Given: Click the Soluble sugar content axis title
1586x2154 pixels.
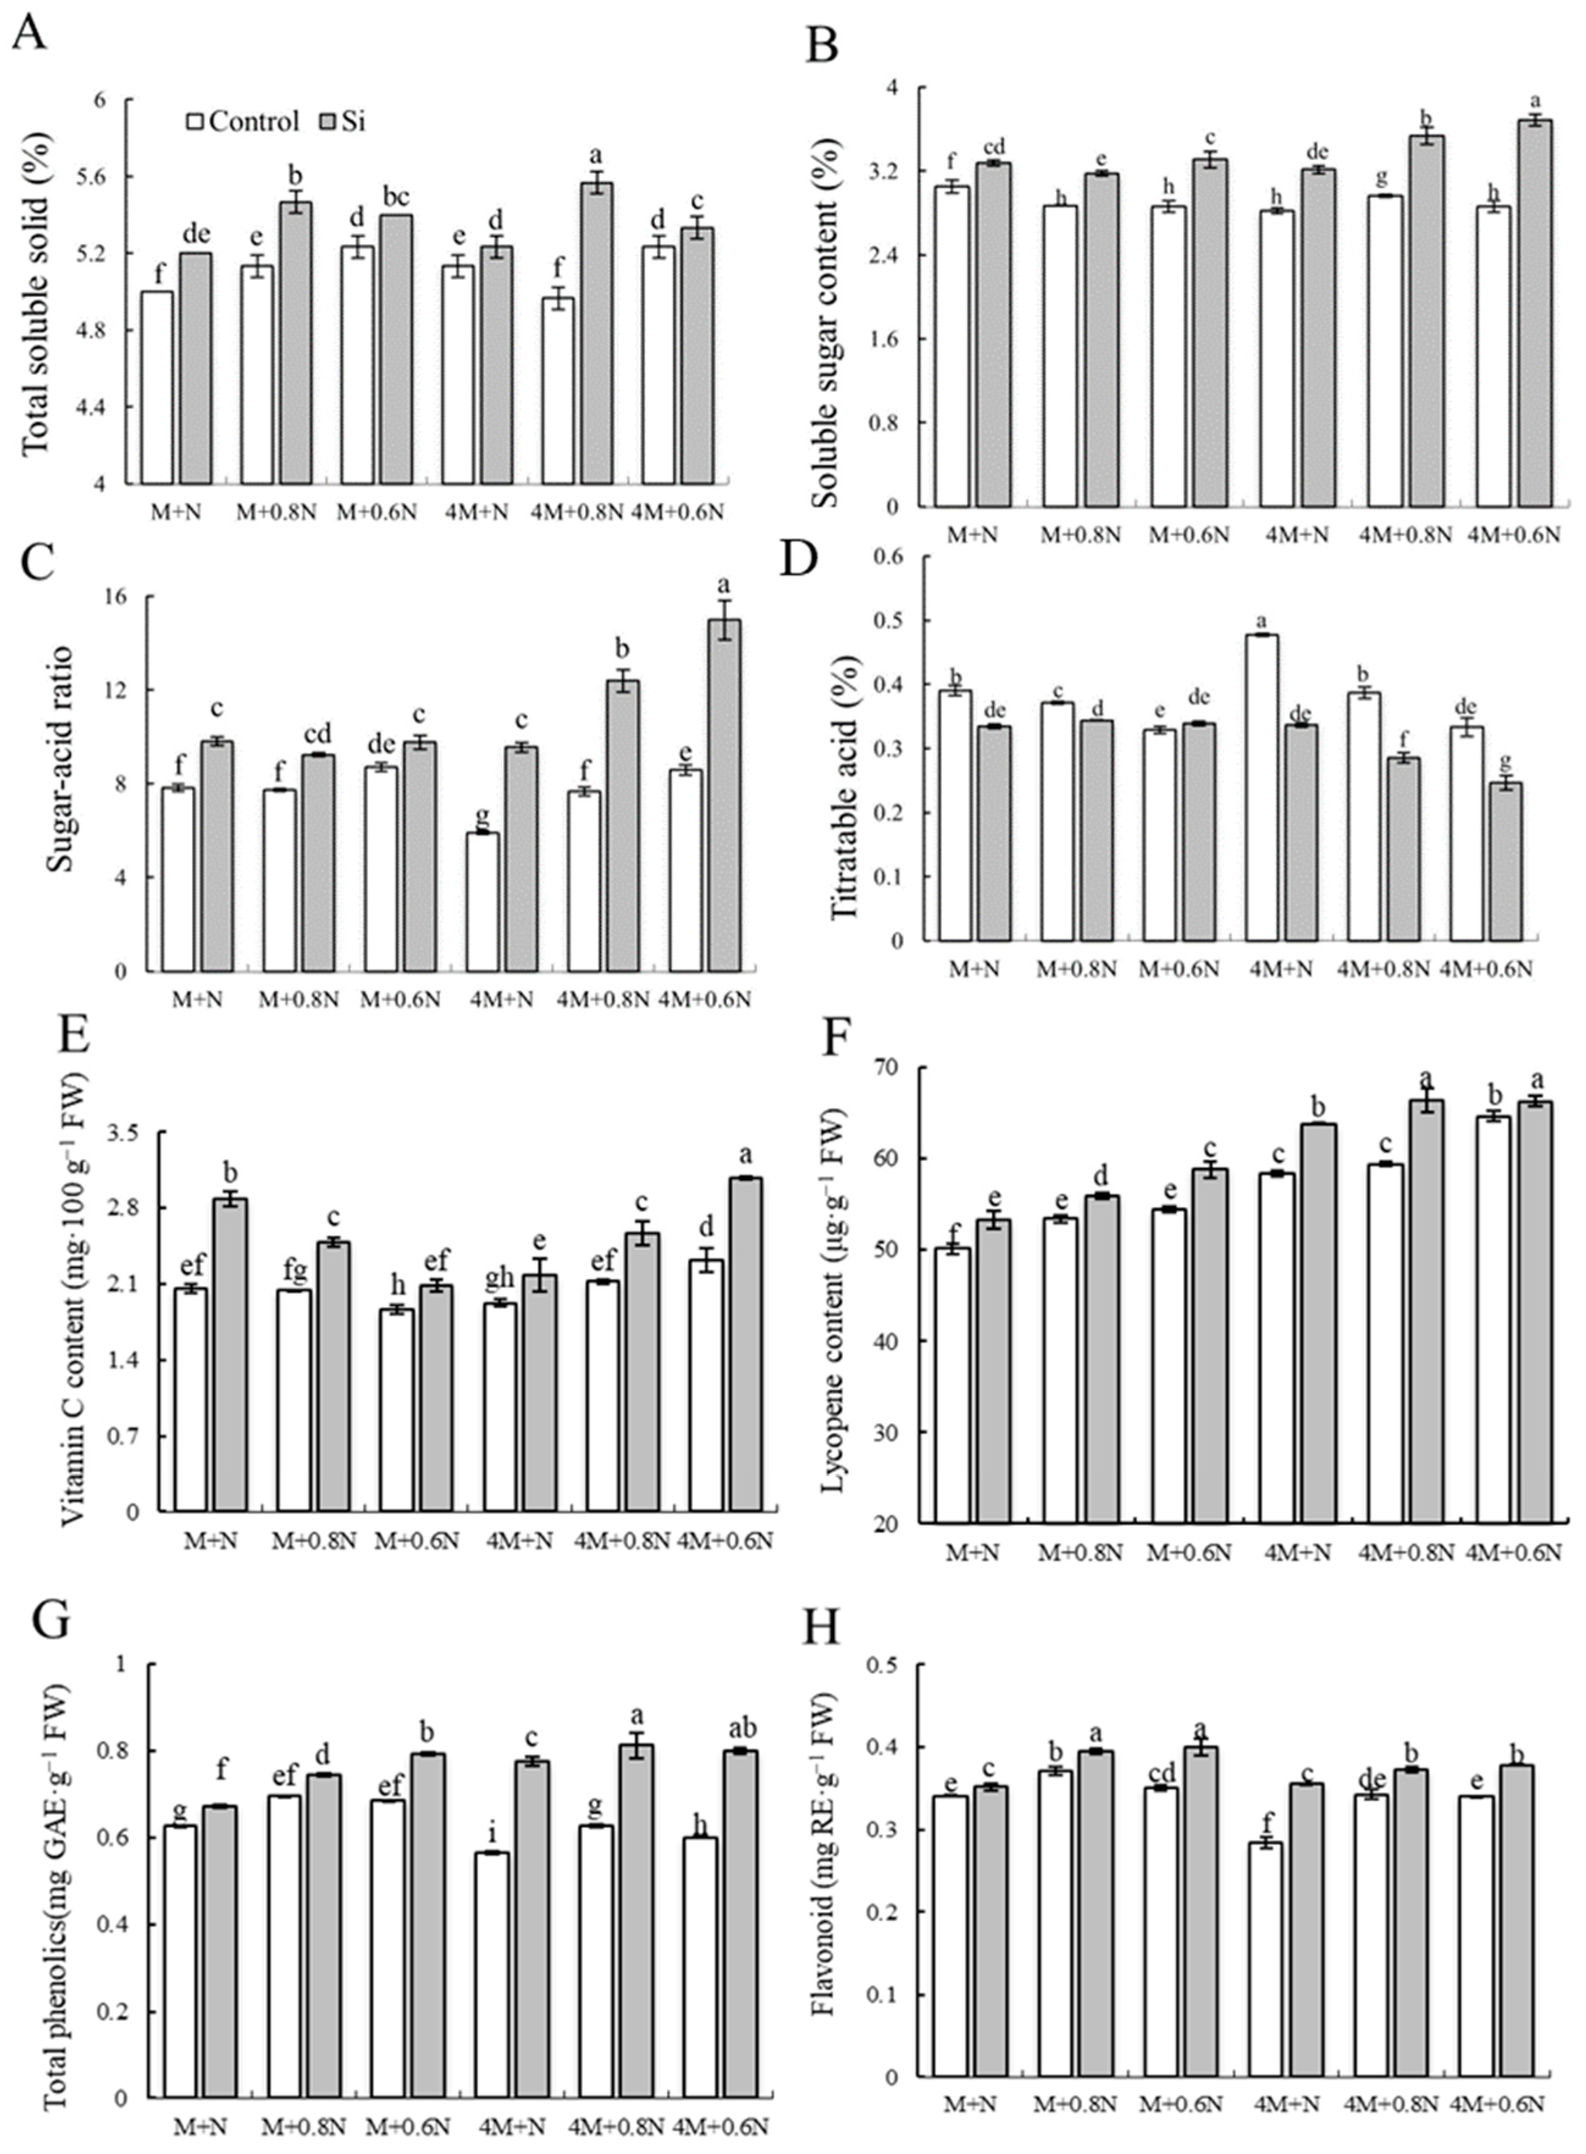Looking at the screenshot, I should [823, 298].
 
